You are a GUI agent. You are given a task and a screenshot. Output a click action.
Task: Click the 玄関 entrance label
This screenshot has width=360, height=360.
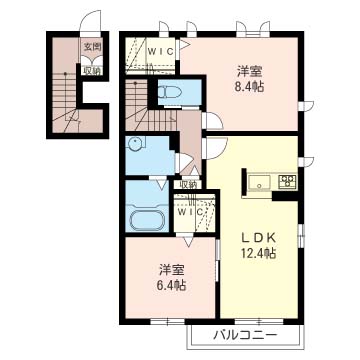pos(91,47)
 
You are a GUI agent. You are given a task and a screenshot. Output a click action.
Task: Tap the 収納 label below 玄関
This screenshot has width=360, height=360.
pos(91,69)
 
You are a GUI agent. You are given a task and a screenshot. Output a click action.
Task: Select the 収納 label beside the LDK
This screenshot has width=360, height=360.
pos(188,184)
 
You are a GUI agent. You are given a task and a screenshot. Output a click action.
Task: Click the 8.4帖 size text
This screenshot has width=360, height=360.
pos(249,87)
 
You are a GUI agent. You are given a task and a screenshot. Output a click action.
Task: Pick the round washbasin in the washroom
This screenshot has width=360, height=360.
pos(136,144)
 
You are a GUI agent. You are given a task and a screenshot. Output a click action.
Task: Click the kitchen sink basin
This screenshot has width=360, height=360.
pos(259,183)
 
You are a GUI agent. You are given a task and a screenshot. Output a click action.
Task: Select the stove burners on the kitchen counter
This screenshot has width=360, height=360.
pos(287,182)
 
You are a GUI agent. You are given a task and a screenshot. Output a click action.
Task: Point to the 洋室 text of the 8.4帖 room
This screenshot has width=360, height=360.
pos(249,71)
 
